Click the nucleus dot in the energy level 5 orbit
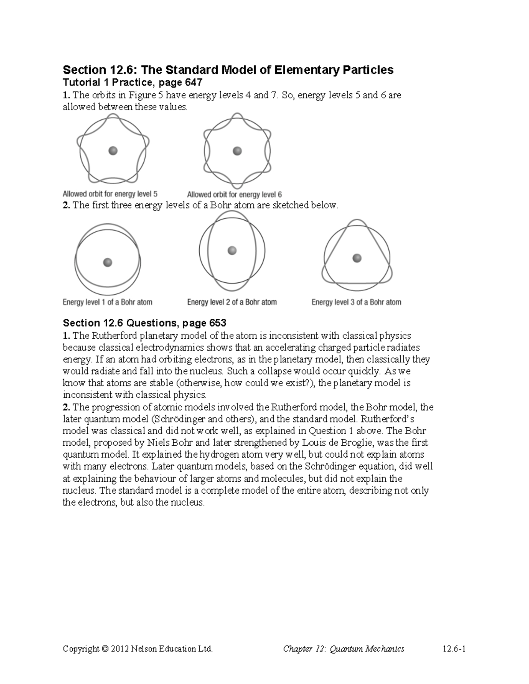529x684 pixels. pyautogui.click(x=113, y=151)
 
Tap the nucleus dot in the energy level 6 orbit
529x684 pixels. pyautogui.click(x=237, y=151)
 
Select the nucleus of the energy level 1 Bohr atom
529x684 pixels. pyautogui.click(x=107, y=263)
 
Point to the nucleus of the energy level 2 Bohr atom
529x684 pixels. pyautogui.click(x=232, y=251)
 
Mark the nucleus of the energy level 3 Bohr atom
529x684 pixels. pyautogui.click(x=357, y=258)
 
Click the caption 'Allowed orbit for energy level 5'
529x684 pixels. pyautogui.click(x=110, y=194)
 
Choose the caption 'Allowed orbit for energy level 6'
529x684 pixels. pyautogui.click(x=235, y=194)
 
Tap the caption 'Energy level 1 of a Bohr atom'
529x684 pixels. pyautogui.click(x=108, y=302)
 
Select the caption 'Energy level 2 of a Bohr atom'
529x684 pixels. pyautogui.click(x=232, y=302)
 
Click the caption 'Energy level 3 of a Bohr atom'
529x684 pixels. pyautogui.click(x=356, y=302)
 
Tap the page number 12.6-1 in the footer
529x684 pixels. pyautogui.click(x=454, y=649)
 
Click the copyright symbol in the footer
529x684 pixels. pyautogui.click(x=104, y=649)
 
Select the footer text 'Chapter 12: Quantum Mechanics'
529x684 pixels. pyautogui.click(x=343, y=649)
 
